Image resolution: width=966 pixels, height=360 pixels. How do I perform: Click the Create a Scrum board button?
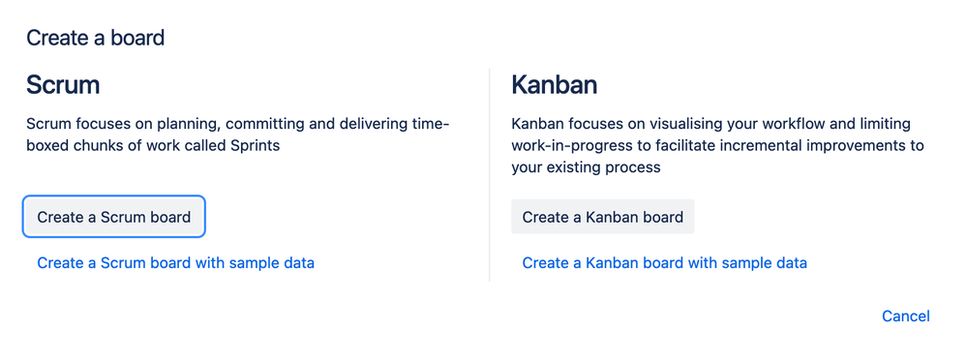coord(113,217)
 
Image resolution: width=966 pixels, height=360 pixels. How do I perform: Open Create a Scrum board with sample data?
coord(175,263)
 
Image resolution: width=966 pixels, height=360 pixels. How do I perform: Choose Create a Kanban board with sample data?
coord(664,263)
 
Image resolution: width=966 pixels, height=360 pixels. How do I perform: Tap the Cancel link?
coord(906,316)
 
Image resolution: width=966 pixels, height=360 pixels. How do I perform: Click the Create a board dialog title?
coord(96,38)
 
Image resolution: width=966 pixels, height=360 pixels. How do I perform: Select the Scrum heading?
coord(63,85)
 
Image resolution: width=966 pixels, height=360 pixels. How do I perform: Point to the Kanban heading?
coord(554,85)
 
